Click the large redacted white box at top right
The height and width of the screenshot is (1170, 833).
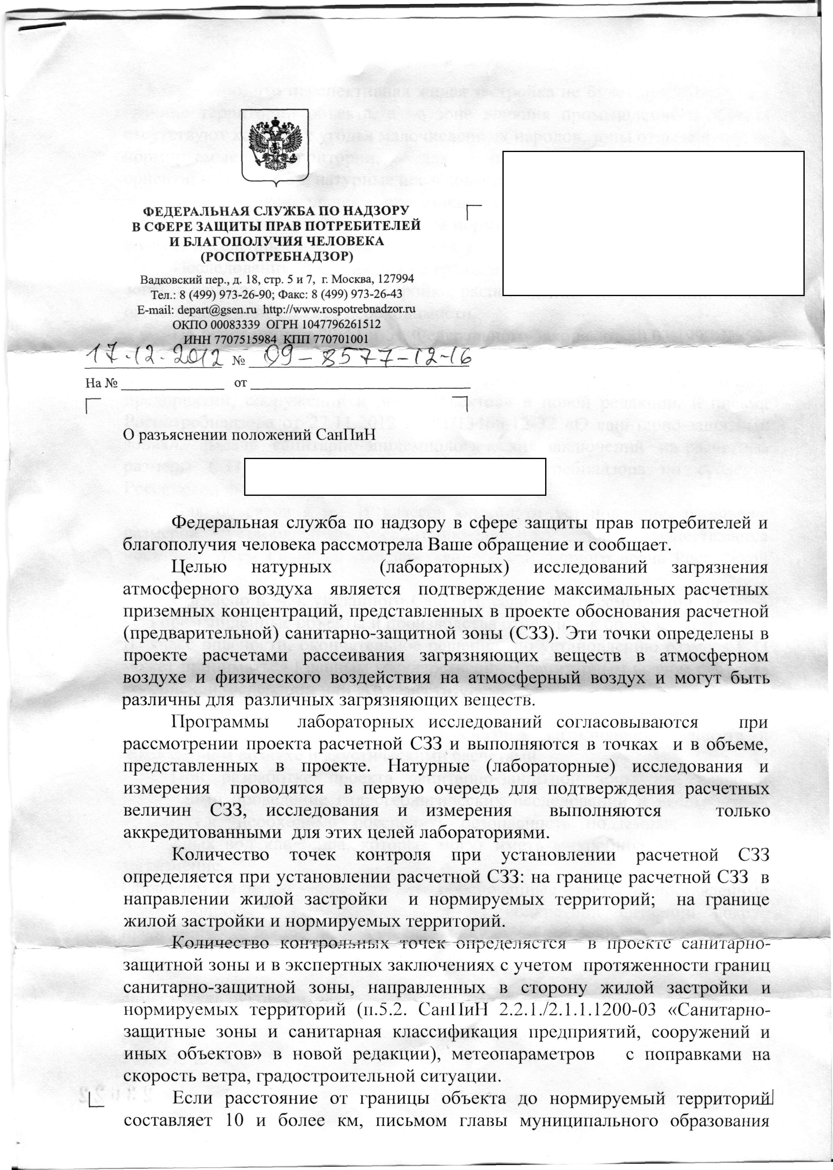pyautogui.click(x=652, y=223)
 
